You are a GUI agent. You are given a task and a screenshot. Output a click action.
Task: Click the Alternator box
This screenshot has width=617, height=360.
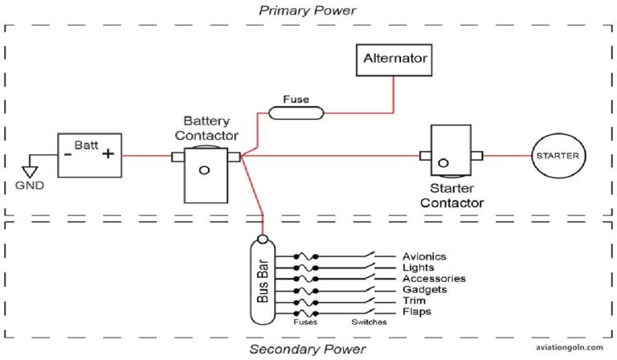coord(394,59)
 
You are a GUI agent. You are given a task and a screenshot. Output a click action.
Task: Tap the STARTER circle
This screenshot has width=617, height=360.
coord(557,155)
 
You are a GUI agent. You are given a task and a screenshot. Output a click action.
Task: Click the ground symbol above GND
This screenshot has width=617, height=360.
coord(31,170)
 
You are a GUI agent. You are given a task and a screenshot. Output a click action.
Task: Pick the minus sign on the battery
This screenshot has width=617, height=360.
coord(69,156)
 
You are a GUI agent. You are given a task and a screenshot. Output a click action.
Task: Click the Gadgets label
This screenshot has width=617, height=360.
coord(420,289)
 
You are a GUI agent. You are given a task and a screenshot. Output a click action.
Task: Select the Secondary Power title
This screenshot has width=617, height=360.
coord(307,349)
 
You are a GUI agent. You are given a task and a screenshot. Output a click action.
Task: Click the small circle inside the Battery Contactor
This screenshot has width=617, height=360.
coord(204,170)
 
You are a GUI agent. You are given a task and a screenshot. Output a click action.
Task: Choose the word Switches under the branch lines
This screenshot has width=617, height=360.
coord(369,322)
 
